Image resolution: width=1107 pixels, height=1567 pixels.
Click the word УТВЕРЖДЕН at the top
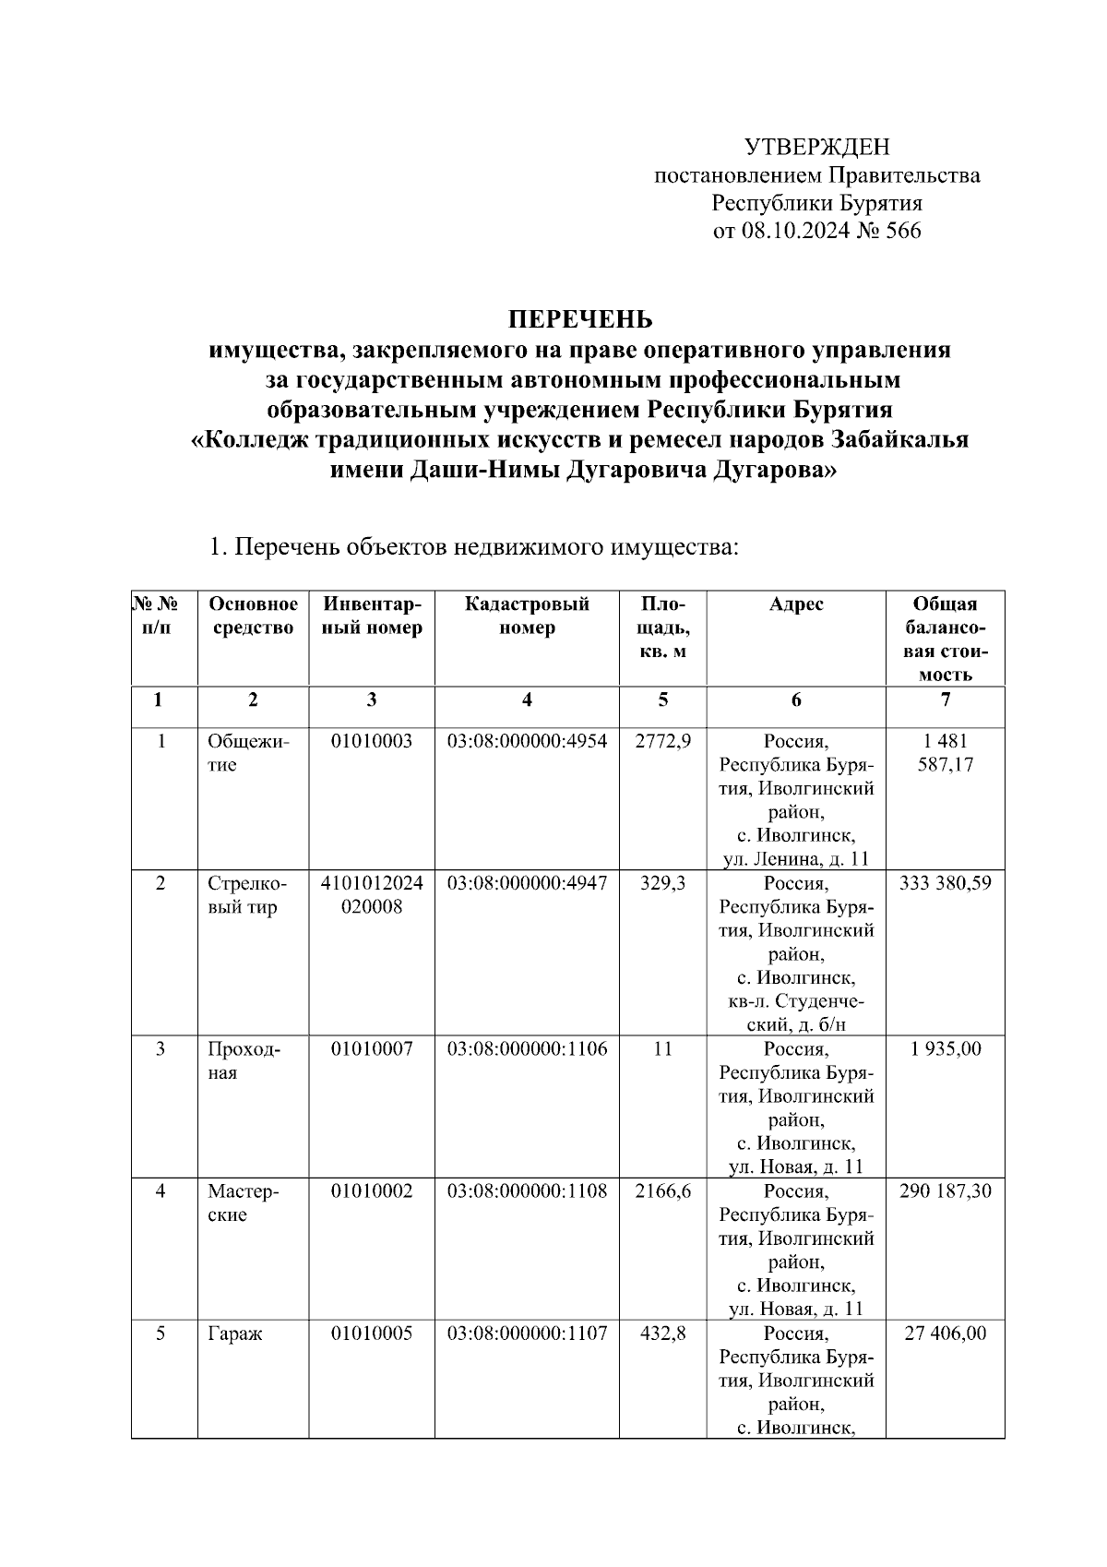pos(816,147)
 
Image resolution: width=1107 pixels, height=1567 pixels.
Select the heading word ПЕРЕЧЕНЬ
pos(581,319)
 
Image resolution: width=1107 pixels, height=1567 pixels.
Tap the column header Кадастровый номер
pos(527,616)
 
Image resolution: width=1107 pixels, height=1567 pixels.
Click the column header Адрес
pos(795,604)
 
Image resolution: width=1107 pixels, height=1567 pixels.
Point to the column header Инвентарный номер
pos(372,616)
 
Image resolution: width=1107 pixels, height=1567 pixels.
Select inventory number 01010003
pos(372,741)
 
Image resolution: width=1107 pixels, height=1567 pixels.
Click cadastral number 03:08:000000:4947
pos(527,883)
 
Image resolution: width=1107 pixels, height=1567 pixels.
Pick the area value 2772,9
pos(662,741)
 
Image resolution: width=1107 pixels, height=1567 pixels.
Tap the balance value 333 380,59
pos(945,883)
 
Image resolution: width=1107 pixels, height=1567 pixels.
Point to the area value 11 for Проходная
pos(662,1049)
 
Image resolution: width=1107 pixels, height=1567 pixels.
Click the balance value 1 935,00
pos(945,1049)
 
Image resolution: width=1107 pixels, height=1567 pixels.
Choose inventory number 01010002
pos(372,1191)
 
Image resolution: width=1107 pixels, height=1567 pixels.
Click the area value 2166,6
pos(662,1191)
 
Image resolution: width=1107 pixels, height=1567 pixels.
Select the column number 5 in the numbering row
pos(662,700)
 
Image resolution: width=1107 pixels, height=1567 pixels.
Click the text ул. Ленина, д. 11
pos(795,860)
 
